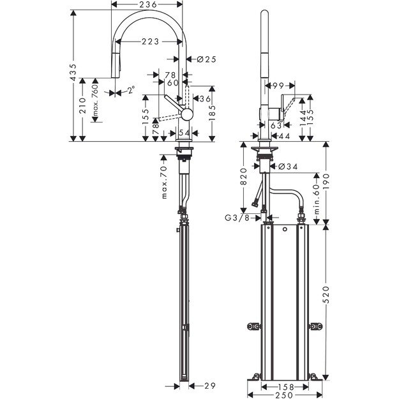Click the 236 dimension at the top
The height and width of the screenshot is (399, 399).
[148, 4]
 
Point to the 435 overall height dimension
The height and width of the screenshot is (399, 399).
[74, 75]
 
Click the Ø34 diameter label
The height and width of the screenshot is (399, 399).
[289, 167]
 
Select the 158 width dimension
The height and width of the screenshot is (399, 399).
[285, 386]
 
